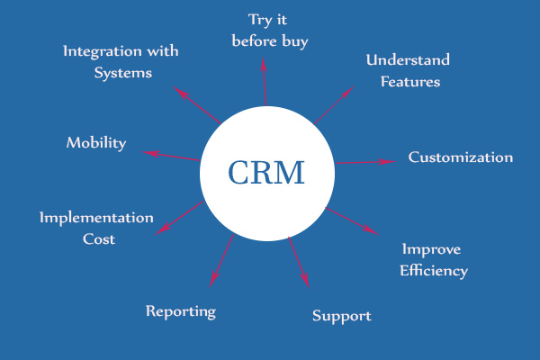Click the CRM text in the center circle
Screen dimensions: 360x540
(x=265, y=172)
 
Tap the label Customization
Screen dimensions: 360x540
(x=460, y=157)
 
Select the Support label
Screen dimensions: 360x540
(x=341, y=316)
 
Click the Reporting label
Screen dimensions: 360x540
(x=181, y=311)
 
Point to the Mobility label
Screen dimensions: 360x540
(x=96, y=143)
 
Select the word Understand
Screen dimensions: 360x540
(x=408, y=60)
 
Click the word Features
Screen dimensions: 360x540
(x=409, y=82)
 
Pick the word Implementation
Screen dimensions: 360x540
(x=96, y=218)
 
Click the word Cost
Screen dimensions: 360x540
(x=99, y=239)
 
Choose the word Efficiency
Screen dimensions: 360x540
(x=434, y=270)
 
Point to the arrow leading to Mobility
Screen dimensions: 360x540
(x=171, y=155)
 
